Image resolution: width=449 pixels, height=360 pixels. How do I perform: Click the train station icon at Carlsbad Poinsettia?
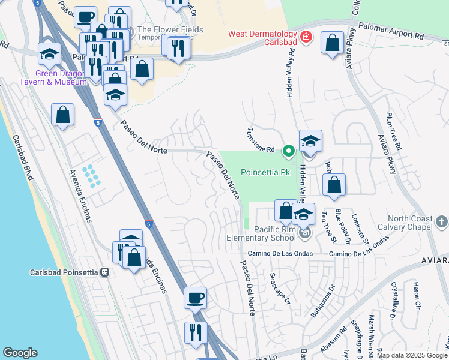click(105, 272)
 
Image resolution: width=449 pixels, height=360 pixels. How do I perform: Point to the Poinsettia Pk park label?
click(265, 172)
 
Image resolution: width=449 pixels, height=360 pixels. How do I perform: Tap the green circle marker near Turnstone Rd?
click(288, 150)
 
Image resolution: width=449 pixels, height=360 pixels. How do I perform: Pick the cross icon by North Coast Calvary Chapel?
click(441, 223)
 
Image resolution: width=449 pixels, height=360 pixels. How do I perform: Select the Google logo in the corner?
click(20, 353)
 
